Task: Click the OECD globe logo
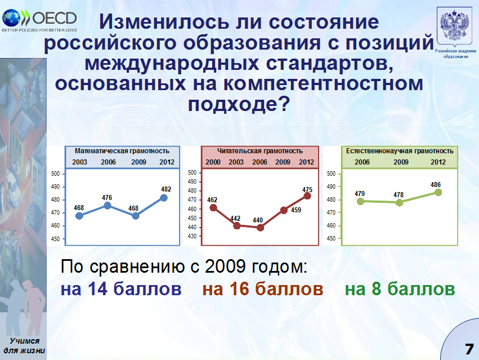click(x=11, y=18)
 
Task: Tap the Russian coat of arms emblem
click(x=454, y=26)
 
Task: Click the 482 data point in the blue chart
click(x=164, y=198)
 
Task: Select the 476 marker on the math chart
click(x=108, y=206)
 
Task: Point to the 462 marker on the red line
click(x=213, y=208)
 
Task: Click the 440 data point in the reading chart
click(x=260, y=228)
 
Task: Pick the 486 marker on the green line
click(x=438, y=192)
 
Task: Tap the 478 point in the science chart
click(x=399, y=202)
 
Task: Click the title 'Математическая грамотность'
click(x=122, y=151)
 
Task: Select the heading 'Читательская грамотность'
click(x=260, y=151)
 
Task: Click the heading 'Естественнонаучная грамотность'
click(x=400, y=151)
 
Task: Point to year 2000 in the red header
click(x=213, y=162)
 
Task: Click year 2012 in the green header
click(x=438, y=162)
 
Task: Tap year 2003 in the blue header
click(x=79, y=162)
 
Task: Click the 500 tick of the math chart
click(x=55, y=174)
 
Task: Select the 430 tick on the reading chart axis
click(x=192, y=237)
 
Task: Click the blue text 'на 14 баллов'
click(x=121, y=289)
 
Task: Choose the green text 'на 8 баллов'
click(x=400, y=289)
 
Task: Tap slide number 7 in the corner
click(x=469, y=349)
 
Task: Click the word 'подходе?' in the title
click(x=239, y=105)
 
